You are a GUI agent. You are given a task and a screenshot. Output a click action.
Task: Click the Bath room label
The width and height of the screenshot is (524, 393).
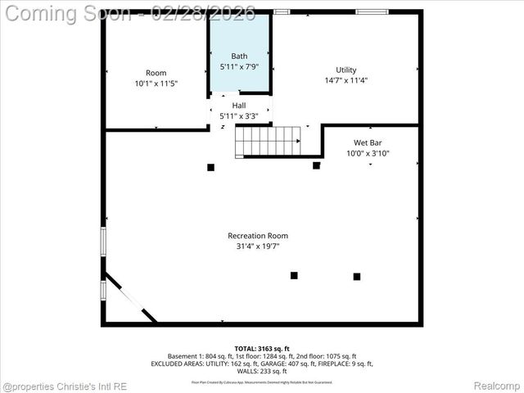(239, 56)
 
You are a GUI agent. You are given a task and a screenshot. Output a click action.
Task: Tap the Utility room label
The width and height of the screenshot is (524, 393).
(346, 70)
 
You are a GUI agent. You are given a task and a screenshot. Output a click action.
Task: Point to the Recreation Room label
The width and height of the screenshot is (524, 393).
(258, 236)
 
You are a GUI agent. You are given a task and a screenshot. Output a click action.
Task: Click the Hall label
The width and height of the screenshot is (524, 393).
(239, 106)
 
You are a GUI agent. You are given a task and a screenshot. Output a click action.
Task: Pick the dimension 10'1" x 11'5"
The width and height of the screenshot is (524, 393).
(156, 84)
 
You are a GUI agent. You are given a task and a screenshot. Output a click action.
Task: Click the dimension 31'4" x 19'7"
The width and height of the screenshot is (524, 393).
(258, 246)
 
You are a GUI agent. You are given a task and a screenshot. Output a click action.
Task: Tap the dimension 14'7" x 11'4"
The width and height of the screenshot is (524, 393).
(346, 80)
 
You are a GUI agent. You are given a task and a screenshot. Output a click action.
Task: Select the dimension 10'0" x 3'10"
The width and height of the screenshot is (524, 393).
(368, 153)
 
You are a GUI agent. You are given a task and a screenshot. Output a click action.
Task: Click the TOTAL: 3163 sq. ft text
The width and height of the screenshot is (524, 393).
(262, 348)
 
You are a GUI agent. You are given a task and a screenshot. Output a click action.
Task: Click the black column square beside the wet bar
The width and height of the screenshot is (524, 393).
(316, 165)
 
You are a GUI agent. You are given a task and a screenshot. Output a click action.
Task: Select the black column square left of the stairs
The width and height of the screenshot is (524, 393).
(210, 167)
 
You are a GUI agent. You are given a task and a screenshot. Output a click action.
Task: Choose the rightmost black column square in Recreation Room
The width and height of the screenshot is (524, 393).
(357, 277)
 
